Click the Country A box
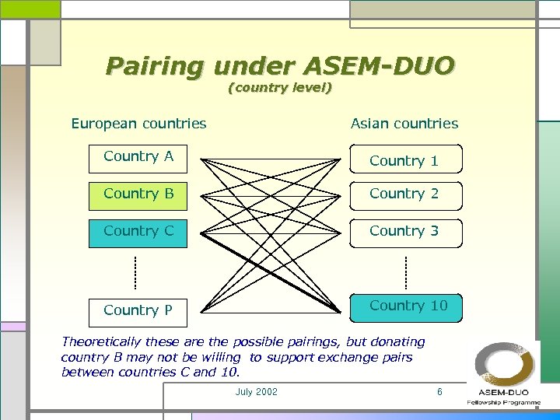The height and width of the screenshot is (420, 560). (x=138, y=158)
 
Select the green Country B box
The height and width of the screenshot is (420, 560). (x=138, y=194)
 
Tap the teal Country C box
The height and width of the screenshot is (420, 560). (x=138, y=232)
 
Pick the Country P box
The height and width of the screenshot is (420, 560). (x=138, y=310)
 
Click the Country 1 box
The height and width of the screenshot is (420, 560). (x=404, y=159)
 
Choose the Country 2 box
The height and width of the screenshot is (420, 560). (x=404, y=194)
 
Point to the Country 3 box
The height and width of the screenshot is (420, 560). (x=404, y=232)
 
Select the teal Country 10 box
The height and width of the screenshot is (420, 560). (x=406, y=307)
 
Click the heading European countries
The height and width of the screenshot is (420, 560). (x=138, y=124)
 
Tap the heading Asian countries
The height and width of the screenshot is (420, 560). (x=404, y=124)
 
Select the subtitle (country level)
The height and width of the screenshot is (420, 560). (x=280, y=88)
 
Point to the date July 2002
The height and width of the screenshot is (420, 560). (x=256, y=392)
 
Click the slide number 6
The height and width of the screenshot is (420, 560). (x=439, y=392)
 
